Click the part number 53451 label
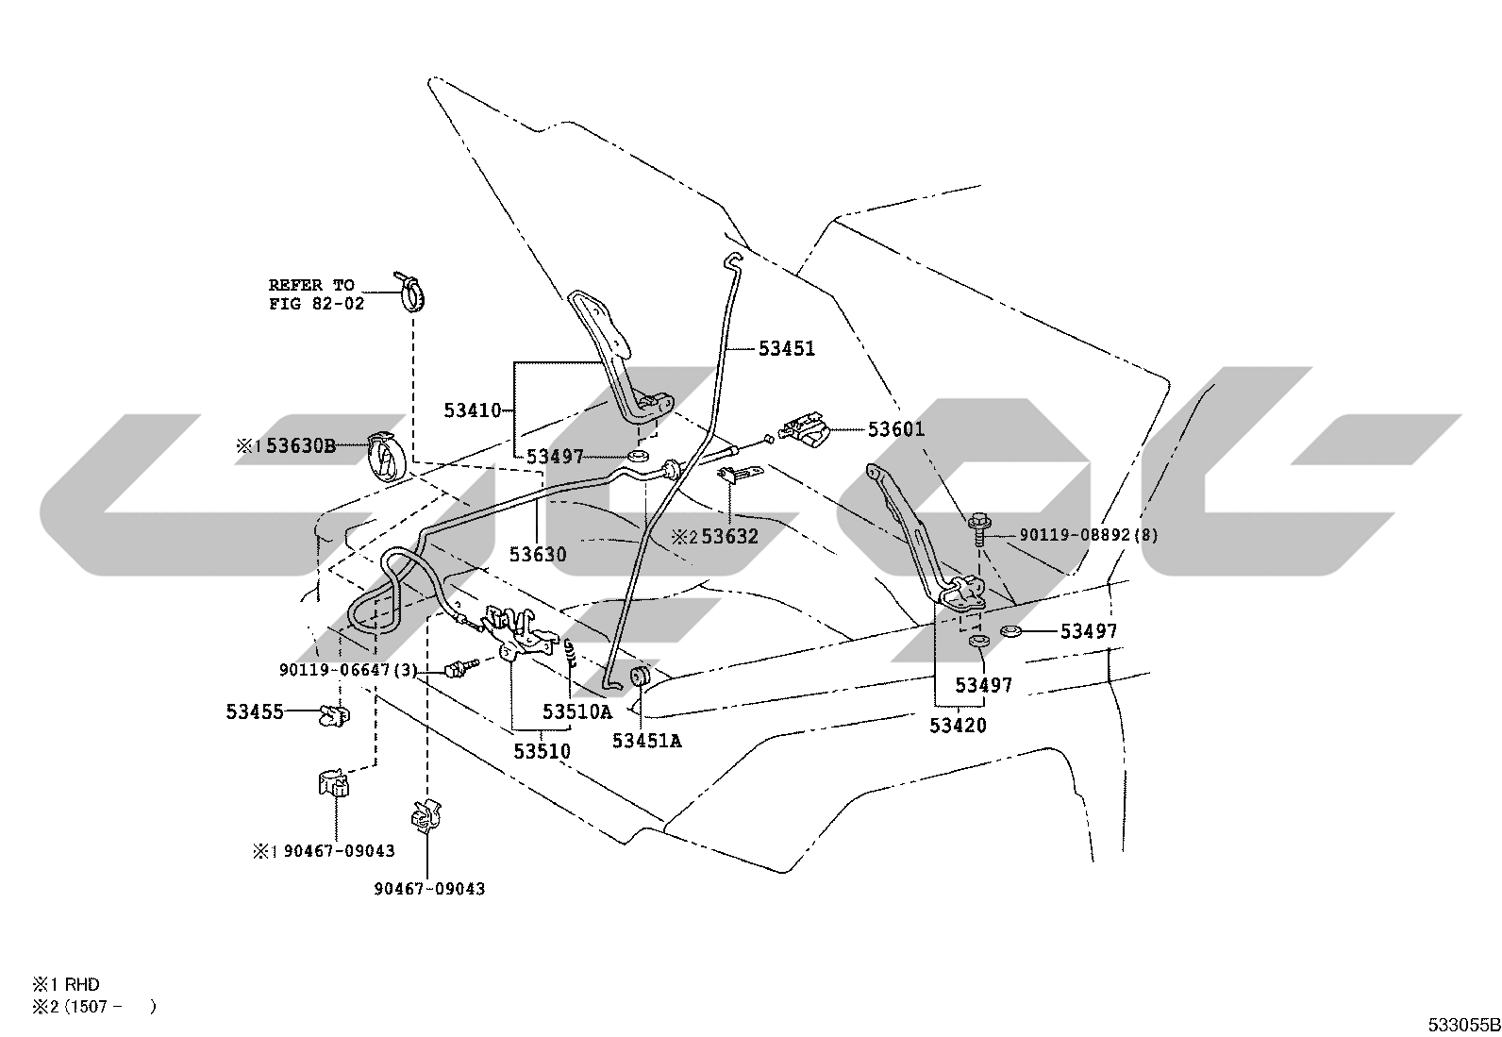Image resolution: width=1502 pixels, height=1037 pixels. [x=787, y=349]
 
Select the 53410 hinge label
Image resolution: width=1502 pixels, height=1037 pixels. [x=473, y=410]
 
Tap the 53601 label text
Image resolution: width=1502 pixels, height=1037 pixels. [x=896, y=429]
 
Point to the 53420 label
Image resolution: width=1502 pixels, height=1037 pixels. [x=959, y=725]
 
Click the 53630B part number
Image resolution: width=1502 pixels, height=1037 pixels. [x=301, y=445]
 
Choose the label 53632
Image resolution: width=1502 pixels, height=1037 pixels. [x=729, y=537]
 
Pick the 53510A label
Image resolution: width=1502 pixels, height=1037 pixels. [x=577, y=711]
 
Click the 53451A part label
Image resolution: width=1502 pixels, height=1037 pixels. [x=647, y=741]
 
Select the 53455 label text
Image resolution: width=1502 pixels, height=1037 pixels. [x=255, y=711]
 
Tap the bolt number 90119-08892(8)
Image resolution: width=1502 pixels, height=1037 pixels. [x=1089, y=535]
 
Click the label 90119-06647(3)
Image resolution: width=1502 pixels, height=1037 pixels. [x=349, y=670]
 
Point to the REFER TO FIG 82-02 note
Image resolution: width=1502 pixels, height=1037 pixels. [x=316, y=294]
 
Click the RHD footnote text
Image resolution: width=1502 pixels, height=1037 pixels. [x=82, y=985]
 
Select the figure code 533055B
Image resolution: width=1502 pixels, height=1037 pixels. [x=1463, y=1025]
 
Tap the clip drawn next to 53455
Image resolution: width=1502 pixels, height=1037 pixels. [x=335, y=715]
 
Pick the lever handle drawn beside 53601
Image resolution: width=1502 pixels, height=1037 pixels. [x=803, y=429]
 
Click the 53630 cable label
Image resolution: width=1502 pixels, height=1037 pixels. [x=538, y=555]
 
